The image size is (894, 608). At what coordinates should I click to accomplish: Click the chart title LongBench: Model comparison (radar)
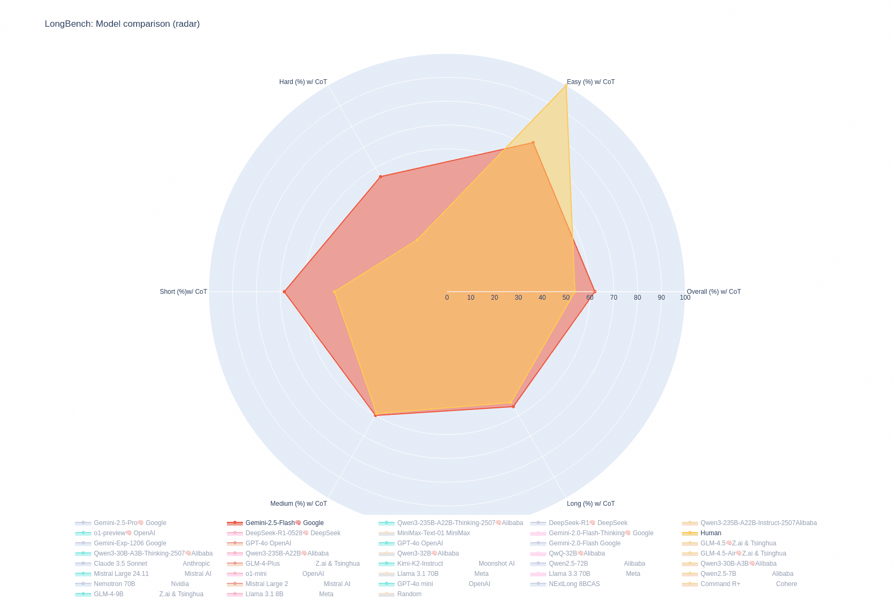pyautogui.click(x=122, y=24)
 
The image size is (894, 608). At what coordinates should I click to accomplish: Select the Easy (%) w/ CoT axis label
pyautogui.click(x=590, y=82)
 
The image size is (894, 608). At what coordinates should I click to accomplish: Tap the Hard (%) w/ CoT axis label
pyautogui.click(x=303, y=82)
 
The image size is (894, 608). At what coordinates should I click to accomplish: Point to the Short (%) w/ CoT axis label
pyautogui.click(x=183, y=292)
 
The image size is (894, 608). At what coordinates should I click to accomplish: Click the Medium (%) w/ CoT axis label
pyautogui.click(x=298, y=504)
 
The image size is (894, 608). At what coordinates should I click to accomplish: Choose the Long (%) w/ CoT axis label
pyautogui.click(x=590, y=504)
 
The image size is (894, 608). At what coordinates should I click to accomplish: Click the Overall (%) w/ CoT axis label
pyautogui.click(x=714, y=292)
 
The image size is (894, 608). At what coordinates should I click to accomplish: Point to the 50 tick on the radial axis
pyautogui.click(x=566, y=298)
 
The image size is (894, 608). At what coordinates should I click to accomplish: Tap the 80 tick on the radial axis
pyautogui.click(x=637, y=298)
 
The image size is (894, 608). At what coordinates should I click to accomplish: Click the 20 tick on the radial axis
pyautogui.click(x=495, y=298)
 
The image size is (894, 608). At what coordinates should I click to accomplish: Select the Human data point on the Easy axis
pyautogui.click(x=566, y=86)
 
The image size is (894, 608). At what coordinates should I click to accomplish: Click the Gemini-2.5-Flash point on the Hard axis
pyautogui.click(x=380, y=177)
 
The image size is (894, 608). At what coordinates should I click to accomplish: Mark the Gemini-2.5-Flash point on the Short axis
pyautogui.click(x=284, y=292)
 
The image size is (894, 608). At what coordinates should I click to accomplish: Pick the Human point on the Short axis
pyautogui.click(x=335, y=292)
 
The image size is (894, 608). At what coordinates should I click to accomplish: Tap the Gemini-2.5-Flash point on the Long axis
pyautogui.click(x=513, y=406)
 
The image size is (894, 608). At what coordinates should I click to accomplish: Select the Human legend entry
pyautogui.click(x=710, y=533)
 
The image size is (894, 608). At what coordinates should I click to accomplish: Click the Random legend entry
pyautogui.click(x=409, y=594)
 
